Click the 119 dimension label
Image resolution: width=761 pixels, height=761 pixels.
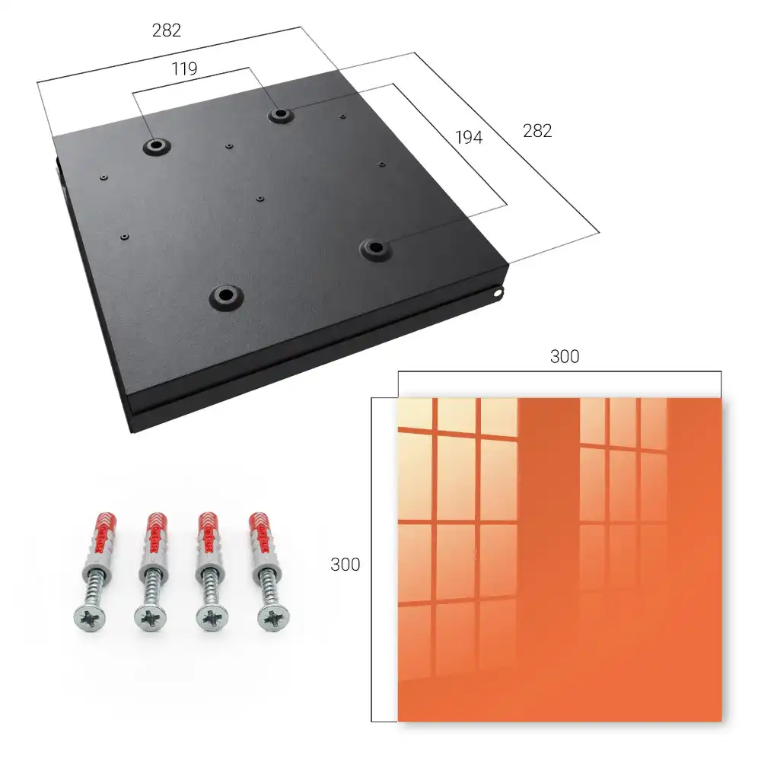[x=184, y=69]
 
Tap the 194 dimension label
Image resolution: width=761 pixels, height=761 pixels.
[x=469, y=137]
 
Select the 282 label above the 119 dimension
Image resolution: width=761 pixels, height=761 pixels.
[x=167, y=30]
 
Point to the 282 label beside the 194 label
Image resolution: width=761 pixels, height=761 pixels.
[x=537, y=131]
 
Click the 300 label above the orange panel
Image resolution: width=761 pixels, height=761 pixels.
[x=565, y=356]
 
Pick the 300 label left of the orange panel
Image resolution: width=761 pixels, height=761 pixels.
[x=345, y=565]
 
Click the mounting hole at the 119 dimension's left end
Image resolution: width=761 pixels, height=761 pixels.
[x=156, y=145]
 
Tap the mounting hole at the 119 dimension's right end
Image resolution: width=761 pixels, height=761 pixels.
[x=280, y=115]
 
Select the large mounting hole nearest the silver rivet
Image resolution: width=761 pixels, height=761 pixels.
[x=375, y=249]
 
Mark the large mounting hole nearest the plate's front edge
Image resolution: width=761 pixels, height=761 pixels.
[x=226, y=295]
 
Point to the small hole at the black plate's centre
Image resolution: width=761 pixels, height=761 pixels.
[x=260, y=199]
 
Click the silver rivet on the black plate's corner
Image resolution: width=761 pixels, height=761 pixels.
[x=498, y=293]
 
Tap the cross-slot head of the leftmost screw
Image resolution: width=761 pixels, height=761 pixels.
[x=90, y=619]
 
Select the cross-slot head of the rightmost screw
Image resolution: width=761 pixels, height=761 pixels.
[x=273, y=619]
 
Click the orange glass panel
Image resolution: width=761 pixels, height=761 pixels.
[x=559, y=559]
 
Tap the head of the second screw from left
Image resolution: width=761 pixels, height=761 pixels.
[x=151, y=619]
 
